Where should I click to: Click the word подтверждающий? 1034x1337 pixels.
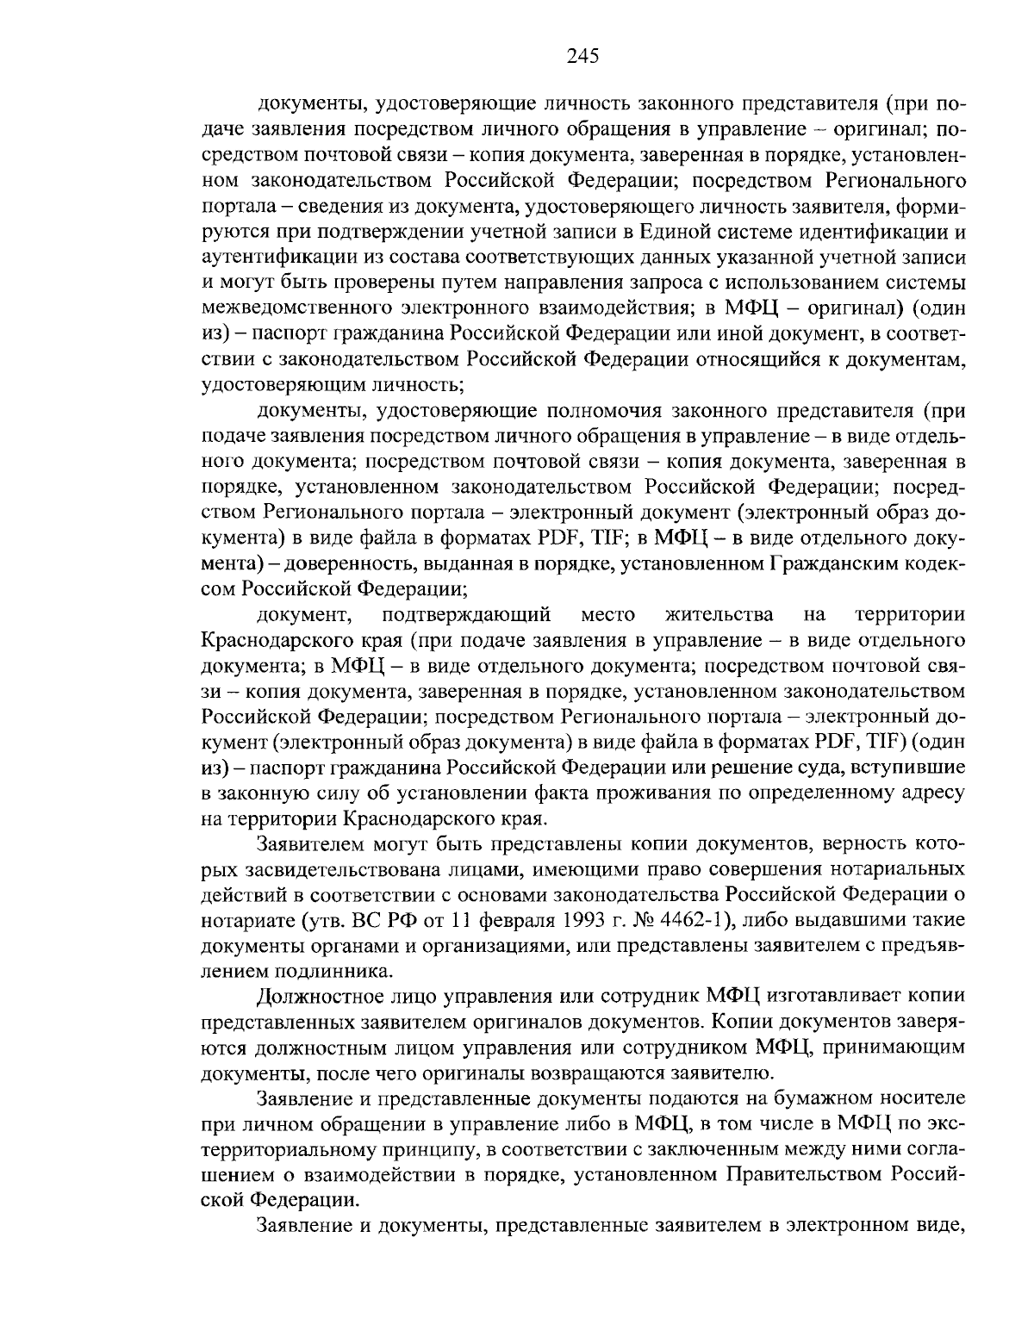point(466,614)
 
